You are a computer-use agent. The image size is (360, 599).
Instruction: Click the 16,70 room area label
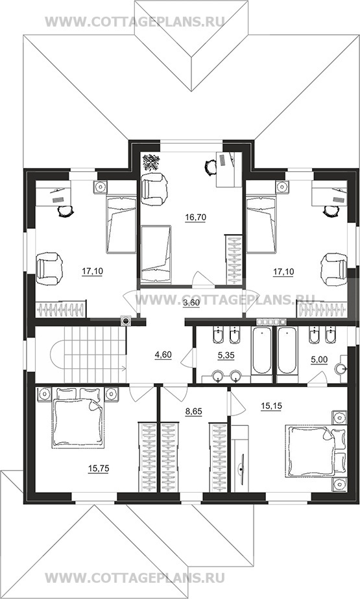coord(195,217)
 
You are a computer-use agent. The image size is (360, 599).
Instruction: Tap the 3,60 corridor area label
coord(191,303)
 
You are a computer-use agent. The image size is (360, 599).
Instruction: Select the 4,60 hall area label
coord(163,355)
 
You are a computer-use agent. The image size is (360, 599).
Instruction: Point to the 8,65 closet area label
coord(193,411)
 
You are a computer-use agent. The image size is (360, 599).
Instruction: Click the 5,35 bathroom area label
coord(226,355)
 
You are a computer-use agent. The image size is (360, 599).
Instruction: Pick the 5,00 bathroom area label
coord(318,360)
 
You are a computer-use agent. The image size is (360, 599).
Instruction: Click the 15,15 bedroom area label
coord(271,406)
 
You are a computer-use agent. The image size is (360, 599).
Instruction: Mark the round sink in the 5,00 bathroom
coord(341,369)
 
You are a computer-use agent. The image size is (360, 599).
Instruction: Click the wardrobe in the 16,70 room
coord(234,260)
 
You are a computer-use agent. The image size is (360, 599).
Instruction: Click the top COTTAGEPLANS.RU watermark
coord(134,21)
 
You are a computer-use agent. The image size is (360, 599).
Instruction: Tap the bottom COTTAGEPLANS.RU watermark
coord(134,577)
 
